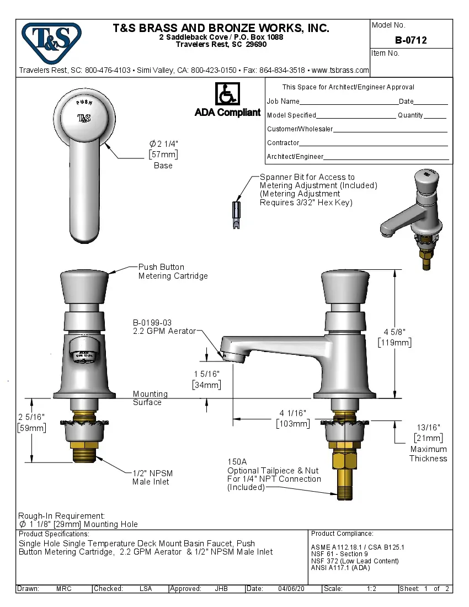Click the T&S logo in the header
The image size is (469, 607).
51,39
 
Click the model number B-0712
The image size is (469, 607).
411,40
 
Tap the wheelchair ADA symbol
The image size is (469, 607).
227,94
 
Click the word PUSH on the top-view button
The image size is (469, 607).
84,103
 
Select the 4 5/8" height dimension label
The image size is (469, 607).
395,331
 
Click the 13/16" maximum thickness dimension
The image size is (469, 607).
428,427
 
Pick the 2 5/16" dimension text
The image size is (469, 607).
31,416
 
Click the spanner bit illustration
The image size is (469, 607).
235,215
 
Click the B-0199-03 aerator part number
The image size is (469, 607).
152,322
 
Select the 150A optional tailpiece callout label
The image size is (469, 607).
237,461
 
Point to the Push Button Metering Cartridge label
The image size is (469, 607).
173,271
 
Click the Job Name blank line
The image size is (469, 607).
349,102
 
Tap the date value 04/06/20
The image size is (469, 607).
291,589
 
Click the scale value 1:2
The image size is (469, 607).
371,589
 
